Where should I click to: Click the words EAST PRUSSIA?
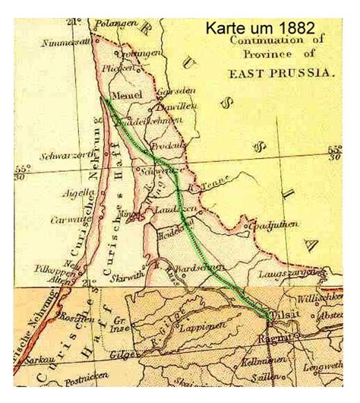tap(282, 73)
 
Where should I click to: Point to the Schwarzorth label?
tap(50, 155)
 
